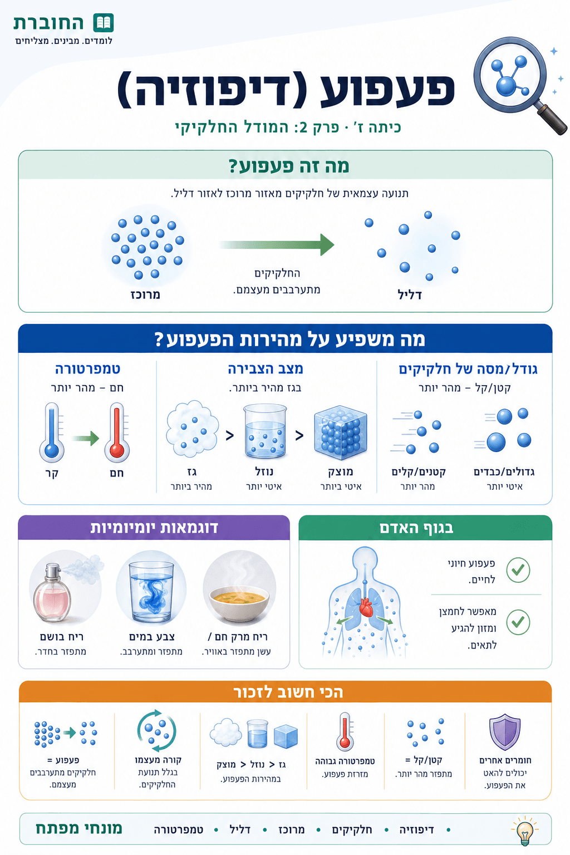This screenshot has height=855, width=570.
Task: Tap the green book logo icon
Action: point(104,23)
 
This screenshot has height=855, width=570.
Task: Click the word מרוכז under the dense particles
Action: point(145,294)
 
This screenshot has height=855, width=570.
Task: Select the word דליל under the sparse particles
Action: point(410,294)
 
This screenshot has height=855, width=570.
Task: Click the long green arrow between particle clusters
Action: point(277,245)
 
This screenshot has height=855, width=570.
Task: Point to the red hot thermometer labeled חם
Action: point(117,432)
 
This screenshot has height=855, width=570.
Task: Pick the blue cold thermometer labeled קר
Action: point(52,432)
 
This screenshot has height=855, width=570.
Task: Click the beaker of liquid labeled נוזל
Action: point(265,431)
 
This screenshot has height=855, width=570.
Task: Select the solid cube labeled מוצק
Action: point(340,432)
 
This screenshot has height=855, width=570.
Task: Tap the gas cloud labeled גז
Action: point(193,428)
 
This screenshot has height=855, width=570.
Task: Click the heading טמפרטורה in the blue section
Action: point(88,369)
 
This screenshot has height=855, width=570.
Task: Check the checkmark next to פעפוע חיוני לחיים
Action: point(518,570)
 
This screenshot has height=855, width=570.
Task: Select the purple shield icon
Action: point(505,732)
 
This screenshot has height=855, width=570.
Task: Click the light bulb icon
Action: point(524,831)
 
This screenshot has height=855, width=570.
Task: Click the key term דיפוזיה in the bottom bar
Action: point(416,830)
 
